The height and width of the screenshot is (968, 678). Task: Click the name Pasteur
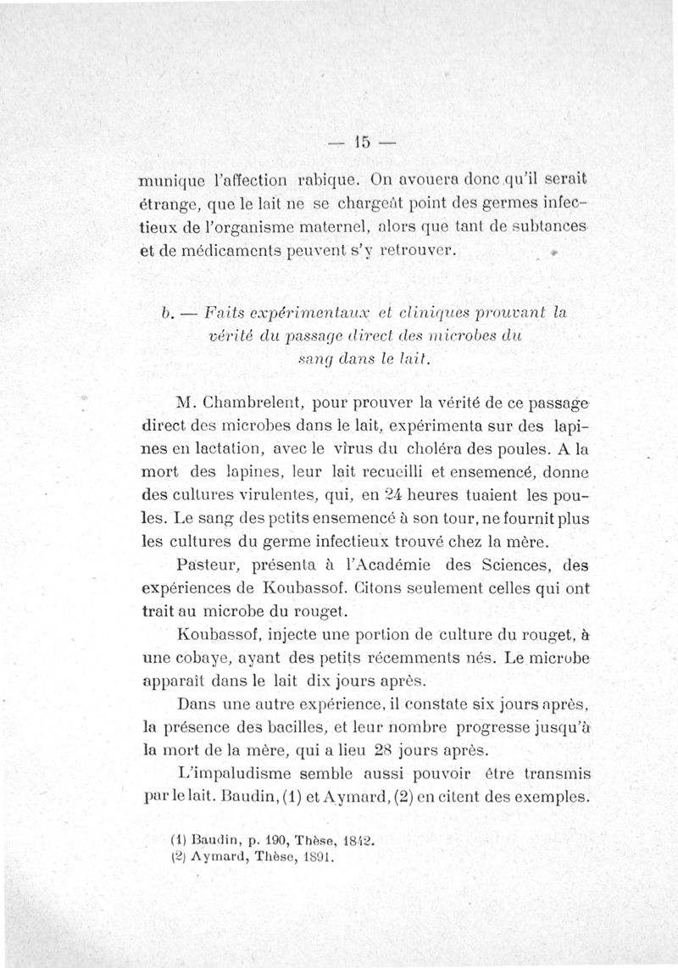tap(211, 564)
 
